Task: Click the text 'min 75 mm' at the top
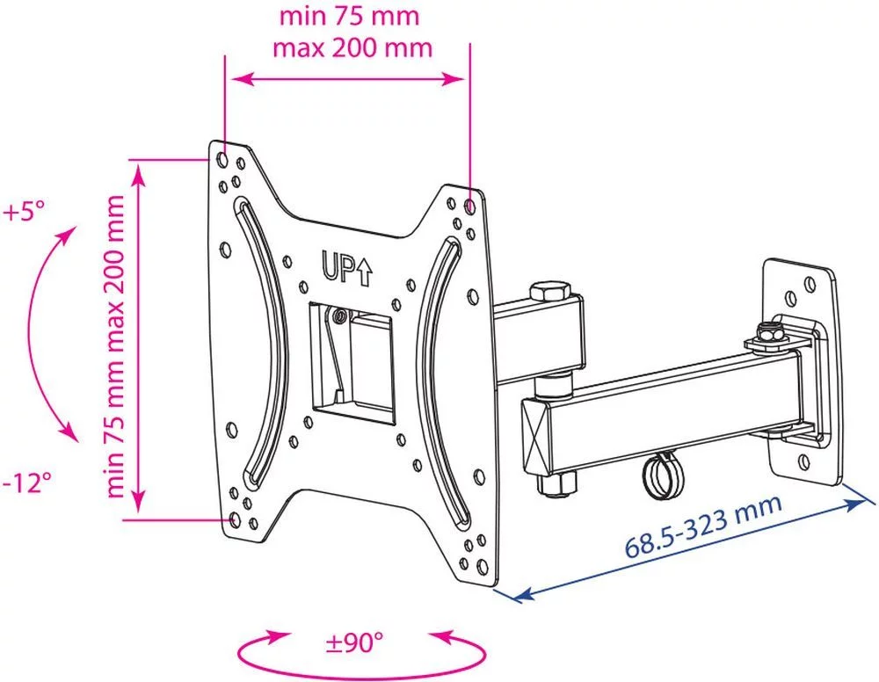(349, 16)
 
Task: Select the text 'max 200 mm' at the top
(352, 48)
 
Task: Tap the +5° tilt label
(24, 213)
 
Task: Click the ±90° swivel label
(354, 642)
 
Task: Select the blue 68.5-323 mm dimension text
(703, 526)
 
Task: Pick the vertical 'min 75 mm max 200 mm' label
(115, 346)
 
